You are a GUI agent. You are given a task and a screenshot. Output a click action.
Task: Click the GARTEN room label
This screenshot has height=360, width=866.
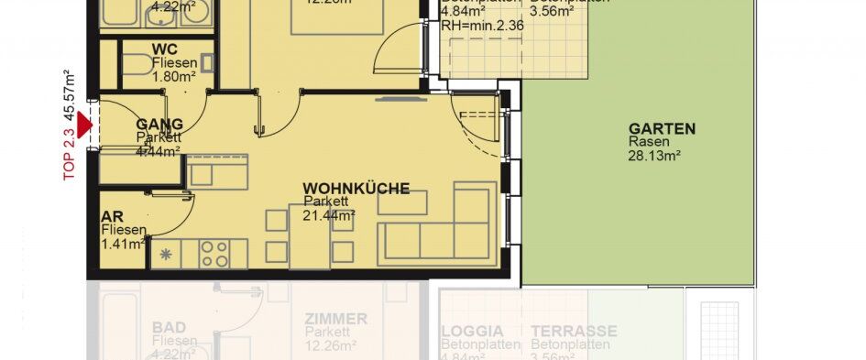[x=662, y=129]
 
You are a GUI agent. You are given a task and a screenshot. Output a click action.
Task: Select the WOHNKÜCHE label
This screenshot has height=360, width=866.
[x=356, y=189]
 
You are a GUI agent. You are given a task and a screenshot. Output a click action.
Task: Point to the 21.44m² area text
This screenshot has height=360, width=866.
[x=328, y=215]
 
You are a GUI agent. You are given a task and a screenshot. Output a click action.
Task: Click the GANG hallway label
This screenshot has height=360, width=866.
[x=159, y=124]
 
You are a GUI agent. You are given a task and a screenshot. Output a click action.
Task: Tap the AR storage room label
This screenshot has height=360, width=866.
[x=112, y=216]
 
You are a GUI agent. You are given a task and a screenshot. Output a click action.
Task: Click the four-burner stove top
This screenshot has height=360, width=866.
[x=215, y=253]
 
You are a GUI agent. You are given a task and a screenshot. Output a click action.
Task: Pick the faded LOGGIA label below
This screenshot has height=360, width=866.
[x=472, y=331]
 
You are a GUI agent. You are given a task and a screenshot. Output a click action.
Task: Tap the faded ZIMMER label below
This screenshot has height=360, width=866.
[x=336, y=319]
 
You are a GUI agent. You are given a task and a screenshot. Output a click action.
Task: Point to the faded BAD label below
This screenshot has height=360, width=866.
[x=170, y=325]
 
